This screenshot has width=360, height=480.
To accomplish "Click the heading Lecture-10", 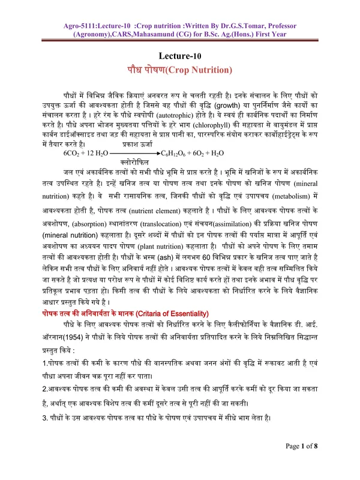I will (179, 56).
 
